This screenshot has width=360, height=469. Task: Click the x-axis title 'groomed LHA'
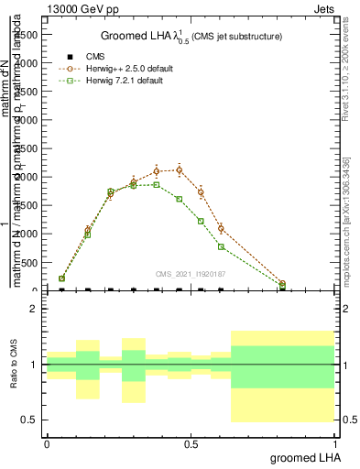[x=306, y=457]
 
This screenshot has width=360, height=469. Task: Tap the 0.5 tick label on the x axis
[x=191, y=442]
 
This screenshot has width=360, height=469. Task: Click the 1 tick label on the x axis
[x=336, y=442]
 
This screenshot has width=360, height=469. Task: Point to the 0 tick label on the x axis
[x=48, y=442]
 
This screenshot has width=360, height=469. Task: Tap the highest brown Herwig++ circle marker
[x=179, y=169]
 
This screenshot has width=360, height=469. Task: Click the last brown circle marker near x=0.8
[x=282, y=284]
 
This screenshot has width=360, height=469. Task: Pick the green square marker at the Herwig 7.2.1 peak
[x=157, y=184]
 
